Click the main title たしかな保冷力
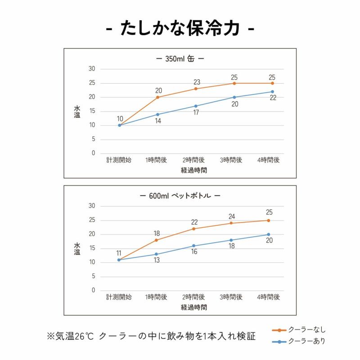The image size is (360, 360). (x=180, y=29)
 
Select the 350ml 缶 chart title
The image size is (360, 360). (x=180, y=58)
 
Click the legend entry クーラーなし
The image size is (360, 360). (x=306, y=330)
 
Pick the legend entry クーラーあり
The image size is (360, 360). (x=306, y=342)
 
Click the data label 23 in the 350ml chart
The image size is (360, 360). (x=196, y=82)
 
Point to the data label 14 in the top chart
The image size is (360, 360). (x=158, y=121)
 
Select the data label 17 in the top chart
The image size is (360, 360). (x=196, y=112)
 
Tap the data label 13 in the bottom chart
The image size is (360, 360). (x=157, y=261)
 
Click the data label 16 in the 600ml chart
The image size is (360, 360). (x=194, y=252)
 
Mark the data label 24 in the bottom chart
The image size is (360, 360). (x=232, y=216)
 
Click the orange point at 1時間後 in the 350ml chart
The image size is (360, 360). (x=157, y=97)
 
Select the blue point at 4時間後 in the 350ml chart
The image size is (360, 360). (x=272, y=92)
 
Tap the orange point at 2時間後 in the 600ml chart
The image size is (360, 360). (x=194, y=229)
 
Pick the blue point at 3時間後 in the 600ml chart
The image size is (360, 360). (x=231, y=240)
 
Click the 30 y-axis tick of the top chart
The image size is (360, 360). (x=92, y=69)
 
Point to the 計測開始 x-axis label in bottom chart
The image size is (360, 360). (x=119, y=297)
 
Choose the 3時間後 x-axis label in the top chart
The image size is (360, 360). (x=231, y=160)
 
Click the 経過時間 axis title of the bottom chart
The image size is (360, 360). (x=194, y=308)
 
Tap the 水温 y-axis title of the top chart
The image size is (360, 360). (x=77, y=111)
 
